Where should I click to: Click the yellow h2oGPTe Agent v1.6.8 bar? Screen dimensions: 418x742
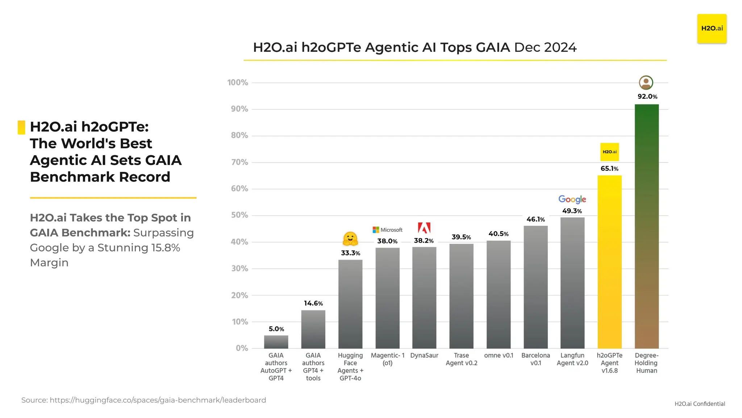(x=609, y=261)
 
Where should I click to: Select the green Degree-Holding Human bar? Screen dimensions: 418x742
(x=646, y=225)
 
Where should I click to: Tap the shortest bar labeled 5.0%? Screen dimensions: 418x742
(x=276, y=342)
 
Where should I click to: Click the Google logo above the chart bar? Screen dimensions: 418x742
(x=572, y=199)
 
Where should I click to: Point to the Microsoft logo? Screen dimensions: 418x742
(x=387, y=230)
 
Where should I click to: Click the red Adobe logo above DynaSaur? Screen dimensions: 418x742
(x=424, y=228)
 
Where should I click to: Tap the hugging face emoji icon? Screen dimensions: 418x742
(x=350, y=239)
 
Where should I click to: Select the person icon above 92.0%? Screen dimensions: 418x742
(x=646, y=83)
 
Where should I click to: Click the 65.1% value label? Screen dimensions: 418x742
(x=609, y=169)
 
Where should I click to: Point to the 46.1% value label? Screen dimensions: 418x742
(x=535, y=220)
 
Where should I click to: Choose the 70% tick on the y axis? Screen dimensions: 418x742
(x=239, y=162)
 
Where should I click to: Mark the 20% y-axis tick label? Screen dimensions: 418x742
(x=239, y=295)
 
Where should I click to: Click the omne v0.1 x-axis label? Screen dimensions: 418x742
(x=499, y=356)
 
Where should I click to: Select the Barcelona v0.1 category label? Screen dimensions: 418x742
(x=535, y=359)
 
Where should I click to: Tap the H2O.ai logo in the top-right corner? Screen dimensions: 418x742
(x=712, y=29)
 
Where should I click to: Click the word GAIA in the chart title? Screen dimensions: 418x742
(x=493, y=48)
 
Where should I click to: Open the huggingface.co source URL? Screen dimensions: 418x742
(x=158, y=400)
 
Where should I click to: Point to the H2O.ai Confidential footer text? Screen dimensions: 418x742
(x=699, y=404)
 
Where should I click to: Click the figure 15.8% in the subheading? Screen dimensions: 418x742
(x=166, y=248)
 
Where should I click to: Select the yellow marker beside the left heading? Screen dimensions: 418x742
(x=21, y=127)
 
